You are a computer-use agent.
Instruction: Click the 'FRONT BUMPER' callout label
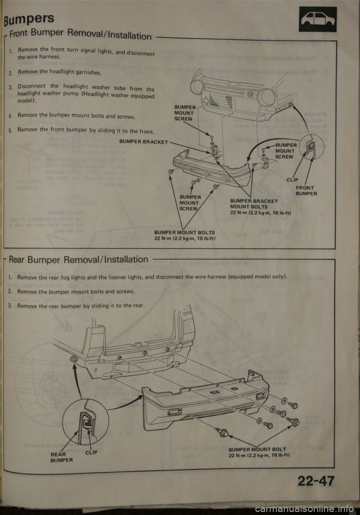click(x=306, y=191)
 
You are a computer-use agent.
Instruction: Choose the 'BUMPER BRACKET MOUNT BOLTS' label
click(x=254, y=204)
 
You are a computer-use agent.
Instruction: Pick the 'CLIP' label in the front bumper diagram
click(x=293, y=180)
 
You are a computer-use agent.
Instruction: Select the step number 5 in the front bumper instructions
click(x=12, y=130)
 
